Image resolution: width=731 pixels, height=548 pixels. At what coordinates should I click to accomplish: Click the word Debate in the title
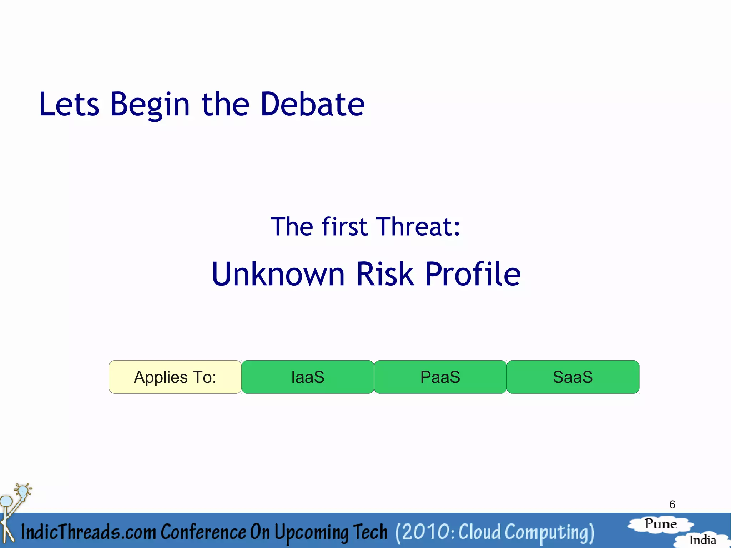312,104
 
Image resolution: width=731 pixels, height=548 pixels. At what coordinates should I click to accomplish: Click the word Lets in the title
69,104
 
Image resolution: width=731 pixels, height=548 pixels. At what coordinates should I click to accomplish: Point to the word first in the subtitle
344,227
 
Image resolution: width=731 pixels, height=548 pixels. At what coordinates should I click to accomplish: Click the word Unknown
278,274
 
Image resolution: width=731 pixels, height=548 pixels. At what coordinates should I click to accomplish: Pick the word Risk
385,274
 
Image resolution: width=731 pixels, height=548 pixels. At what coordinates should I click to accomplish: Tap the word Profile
473,274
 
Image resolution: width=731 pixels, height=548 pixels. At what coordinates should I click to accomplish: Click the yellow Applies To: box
175,377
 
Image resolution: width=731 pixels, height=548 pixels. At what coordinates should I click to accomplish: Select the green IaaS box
308,377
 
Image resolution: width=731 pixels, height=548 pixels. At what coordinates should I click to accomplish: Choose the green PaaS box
440,377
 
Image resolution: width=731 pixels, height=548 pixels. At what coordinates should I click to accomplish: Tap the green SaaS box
573,377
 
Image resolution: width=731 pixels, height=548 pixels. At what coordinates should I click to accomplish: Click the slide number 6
672,504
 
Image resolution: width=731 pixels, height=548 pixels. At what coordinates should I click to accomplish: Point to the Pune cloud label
661,524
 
